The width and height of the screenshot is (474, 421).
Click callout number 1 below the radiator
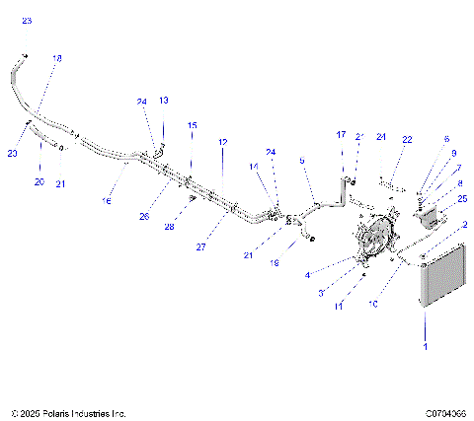pyautogui.click(x=426, y=347)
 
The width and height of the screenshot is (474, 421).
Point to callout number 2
pyautogui.click(x=465, y=225)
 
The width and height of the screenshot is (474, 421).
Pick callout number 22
pyautogui.click(x=407, y=139)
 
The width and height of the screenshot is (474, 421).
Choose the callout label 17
pyautogui.click(x=342, y=134)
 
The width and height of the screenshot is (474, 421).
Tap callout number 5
pyautogui.click(x=302, y=160)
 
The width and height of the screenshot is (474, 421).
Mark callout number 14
pyautogui.click(x=254, y=168)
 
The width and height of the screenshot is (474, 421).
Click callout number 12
pyautogui.click(x=223, y=142)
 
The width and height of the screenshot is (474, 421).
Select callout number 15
pyautogui.click(x=193, y=125)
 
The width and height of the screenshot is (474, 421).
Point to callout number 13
pyautogui.click(x=164, y=101)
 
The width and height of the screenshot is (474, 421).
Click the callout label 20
pyautogui.click(x=39, y=182)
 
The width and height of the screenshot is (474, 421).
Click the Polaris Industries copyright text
pyautogui.click(x=69, y=413)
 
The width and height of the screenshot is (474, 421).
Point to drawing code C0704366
pyautogui.click(x=445, y=413)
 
